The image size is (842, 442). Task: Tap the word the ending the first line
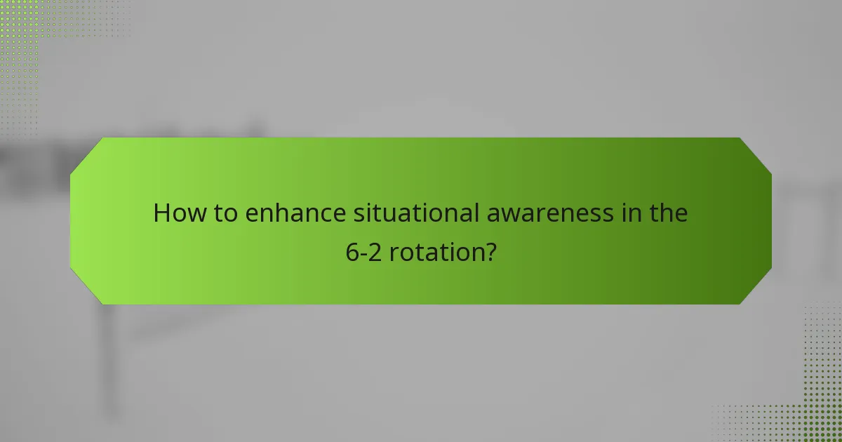pos(667,213)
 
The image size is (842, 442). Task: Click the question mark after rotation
pos(490,251)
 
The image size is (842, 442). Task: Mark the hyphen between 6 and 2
pos(363,253)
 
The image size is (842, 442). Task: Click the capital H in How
pos(162,213)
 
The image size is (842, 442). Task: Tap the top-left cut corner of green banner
pos(86,154)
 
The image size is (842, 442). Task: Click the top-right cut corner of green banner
pos(756,154)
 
